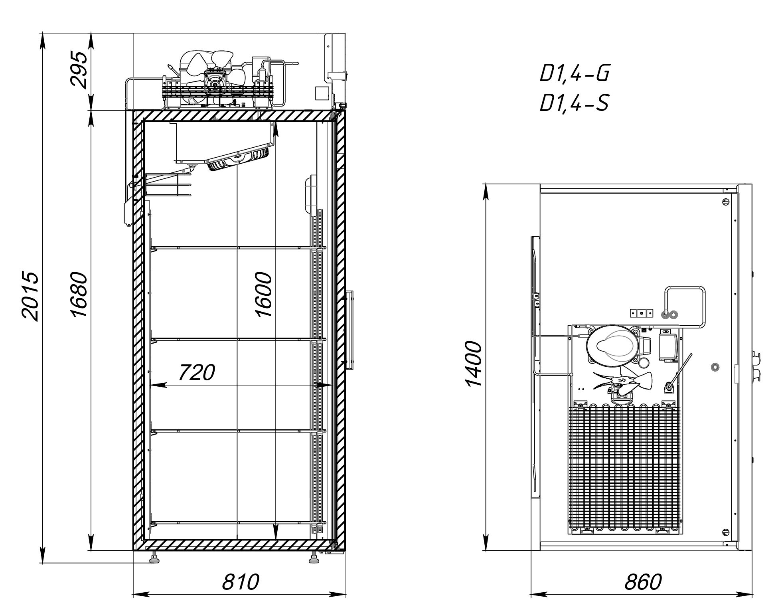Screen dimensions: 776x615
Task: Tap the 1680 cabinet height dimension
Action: coord(79,295)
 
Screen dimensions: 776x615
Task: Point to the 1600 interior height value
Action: coord(263,295)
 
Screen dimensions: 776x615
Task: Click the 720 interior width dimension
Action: coord(196,372)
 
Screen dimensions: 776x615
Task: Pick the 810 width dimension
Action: coord(241,582)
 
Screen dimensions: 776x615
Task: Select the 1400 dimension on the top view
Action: coord(474,364)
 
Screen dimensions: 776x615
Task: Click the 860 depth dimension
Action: coord(643,582)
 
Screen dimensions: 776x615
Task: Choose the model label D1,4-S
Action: coord(574,103)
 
